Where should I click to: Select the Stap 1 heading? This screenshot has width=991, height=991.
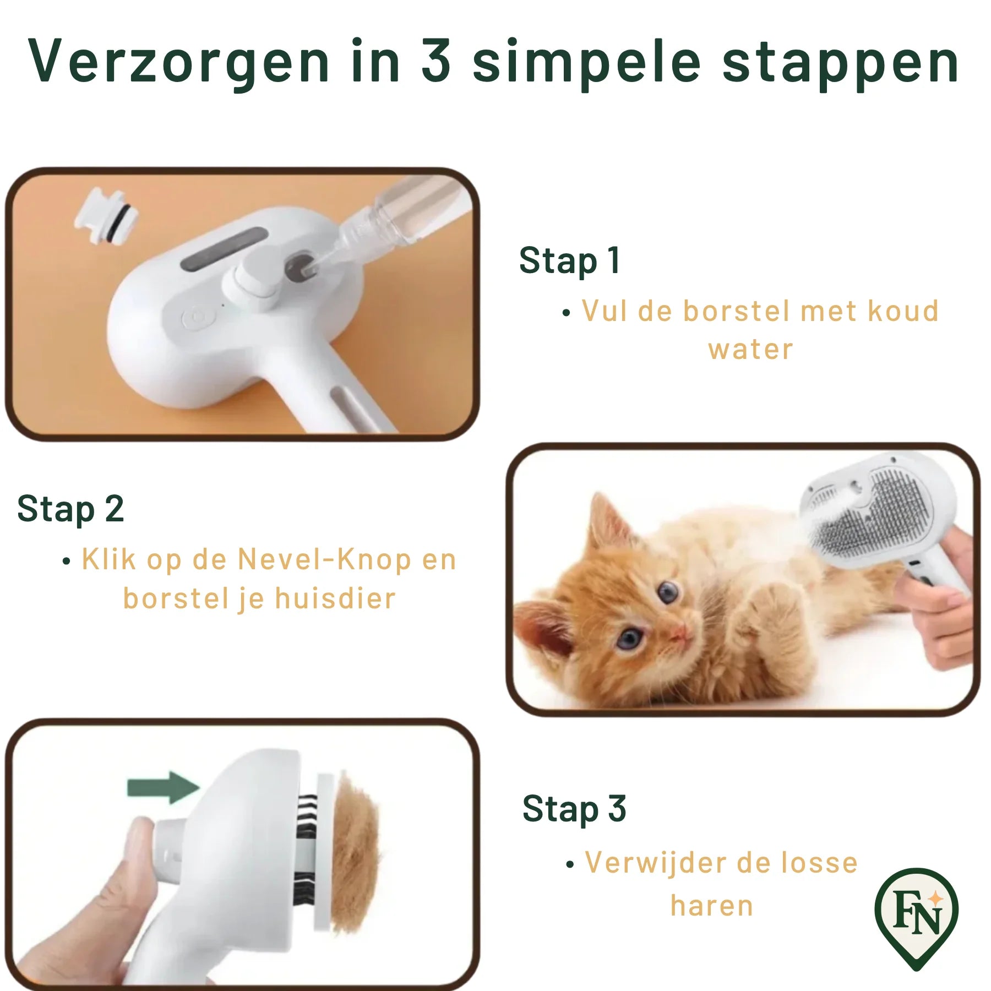coord(570,260)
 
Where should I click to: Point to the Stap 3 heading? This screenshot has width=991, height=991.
coord(574,808)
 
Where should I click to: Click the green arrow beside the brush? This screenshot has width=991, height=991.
coord(164,787)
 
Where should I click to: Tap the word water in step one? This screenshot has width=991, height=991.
coord(751,350)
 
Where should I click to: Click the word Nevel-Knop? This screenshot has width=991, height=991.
coord(324,559)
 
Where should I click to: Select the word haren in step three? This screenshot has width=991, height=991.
coord(712,906)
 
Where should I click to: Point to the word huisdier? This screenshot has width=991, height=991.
coord(335,598)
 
